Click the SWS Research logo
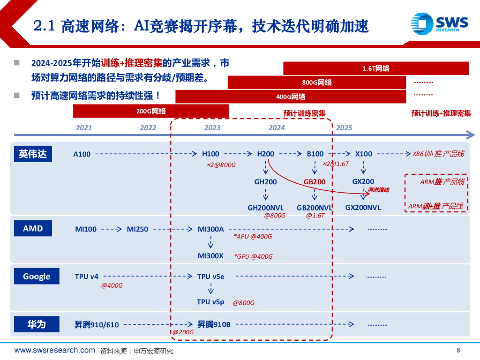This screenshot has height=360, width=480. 439,24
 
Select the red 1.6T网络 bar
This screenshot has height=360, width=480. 375,68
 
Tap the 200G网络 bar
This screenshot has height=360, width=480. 150,111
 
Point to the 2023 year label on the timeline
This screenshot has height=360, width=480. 212,128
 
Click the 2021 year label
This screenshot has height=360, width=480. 84,128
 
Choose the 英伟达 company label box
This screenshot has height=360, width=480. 33,154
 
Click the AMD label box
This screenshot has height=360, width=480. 33,229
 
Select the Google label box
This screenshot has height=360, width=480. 36,277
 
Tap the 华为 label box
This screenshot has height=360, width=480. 36,324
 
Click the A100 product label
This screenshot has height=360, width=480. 82,154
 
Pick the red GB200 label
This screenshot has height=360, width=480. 314,182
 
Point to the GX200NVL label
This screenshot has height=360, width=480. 363,207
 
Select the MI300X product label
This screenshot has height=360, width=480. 210,256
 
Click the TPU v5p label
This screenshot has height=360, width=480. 210,302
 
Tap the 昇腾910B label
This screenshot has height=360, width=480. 214,324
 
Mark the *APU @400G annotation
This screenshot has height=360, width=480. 253,237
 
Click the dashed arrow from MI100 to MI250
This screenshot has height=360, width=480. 112,229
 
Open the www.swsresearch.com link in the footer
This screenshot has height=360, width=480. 55,351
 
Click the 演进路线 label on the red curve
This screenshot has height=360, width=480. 378,190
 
